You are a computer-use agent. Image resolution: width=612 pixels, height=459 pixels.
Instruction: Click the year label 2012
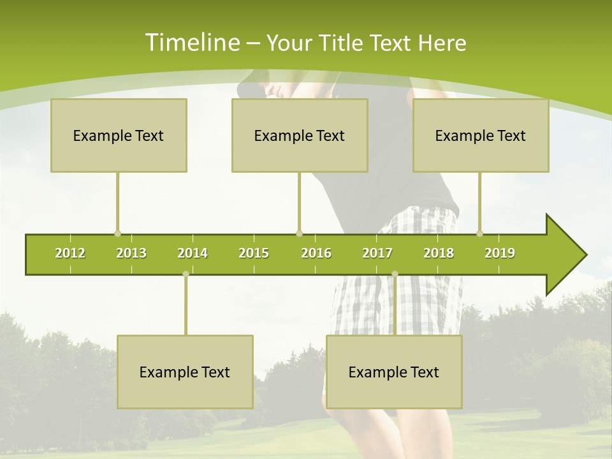pos(70,253)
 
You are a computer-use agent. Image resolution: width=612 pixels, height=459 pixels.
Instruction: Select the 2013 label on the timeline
pos(131,253)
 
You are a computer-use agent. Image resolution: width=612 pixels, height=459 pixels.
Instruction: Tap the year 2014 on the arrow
pos(193,253)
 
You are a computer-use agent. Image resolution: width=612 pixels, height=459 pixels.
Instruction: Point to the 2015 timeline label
pos(254,253)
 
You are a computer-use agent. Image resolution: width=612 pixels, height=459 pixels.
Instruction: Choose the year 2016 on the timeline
pos(316,253)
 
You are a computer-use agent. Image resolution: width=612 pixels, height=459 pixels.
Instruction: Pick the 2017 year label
pos(377,253)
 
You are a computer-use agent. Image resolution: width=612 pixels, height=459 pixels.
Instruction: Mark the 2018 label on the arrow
pos(439,253)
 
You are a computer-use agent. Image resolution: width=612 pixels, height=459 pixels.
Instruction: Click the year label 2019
pos(500,253)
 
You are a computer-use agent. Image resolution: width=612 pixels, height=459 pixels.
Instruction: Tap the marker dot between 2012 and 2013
pos(117,234)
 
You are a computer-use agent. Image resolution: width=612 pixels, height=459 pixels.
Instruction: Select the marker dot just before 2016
pos(300,234)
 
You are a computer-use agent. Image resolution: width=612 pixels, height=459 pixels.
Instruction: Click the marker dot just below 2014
pos(186,274)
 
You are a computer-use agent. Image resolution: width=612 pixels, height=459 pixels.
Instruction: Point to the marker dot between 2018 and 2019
pos(480,234)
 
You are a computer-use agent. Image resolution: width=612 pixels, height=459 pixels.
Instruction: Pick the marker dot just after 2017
pos(395,274)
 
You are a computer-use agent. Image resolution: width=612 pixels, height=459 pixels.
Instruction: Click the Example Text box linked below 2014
pos(185,372)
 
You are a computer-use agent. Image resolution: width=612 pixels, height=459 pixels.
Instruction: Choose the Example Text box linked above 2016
pos(300,135)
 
